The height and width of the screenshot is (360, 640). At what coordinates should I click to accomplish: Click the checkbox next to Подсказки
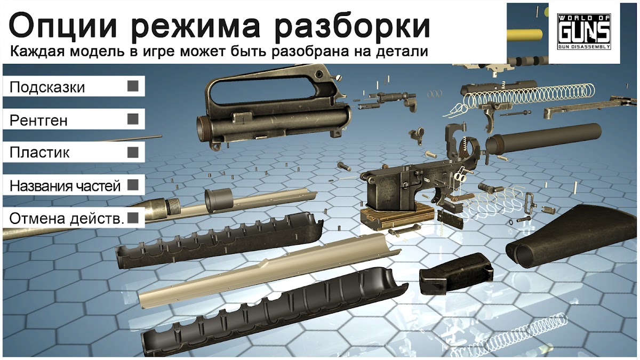click(133, 86)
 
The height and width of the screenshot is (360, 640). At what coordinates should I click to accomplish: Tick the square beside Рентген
click(133, 119)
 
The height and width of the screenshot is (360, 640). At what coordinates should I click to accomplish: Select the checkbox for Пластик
click(133, 153)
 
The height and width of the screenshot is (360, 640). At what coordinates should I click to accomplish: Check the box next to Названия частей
click(133, 185)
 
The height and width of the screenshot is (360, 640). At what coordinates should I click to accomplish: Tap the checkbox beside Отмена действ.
click(133, 218)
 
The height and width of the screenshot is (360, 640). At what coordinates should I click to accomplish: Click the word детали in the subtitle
click(402, 52)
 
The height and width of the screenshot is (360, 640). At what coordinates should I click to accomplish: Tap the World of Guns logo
click(585, 31)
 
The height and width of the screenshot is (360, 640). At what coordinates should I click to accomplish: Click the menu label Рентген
click(38, 121)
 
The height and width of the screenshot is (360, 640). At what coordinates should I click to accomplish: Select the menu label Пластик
click(39, 153)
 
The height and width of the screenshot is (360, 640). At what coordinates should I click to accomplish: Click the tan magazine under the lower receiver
click(397, 219)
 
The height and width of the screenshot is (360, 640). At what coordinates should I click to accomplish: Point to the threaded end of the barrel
click(173, 206)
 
